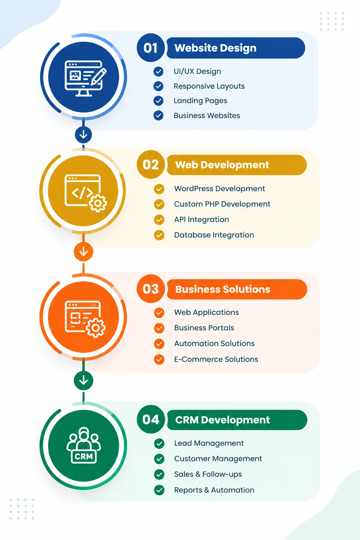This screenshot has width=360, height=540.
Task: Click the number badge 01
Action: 151,47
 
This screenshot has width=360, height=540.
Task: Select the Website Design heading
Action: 215,48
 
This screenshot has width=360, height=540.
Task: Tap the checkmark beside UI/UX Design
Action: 159,71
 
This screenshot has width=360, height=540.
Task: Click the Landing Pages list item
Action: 200,101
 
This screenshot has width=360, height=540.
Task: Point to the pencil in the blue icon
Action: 99,76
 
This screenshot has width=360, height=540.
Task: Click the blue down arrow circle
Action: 83,135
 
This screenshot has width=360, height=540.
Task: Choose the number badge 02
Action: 151,165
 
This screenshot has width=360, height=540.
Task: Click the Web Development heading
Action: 222,165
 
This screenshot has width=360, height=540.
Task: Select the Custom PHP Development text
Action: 222,204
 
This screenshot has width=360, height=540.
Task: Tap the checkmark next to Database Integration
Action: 159,235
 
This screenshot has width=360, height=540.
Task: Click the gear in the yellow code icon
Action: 98,203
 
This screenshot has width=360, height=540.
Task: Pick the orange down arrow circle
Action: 83,252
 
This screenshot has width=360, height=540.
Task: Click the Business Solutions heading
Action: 223,289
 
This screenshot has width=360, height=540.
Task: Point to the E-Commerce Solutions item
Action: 216,359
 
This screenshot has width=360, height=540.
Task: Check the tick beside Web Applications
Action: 159,313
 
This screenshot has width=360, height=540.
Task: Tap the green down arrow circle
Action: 83,381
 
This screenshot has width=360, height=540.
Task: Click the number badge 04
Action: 151,419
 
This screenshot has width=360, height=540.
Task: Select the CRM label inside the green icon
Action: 84,456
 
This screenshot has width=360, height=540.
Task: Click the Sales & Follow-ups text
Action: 208,474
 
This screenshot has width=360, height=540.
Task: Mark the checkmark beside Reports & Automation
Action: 159,490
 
